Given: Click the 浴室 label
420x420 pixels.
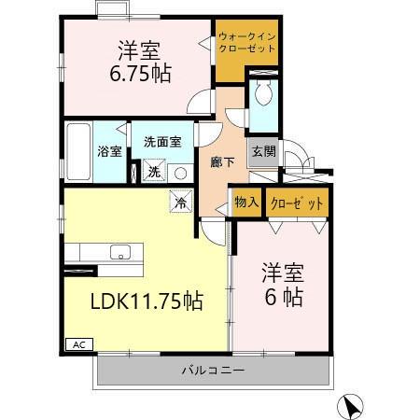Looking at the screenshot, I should point(109,151).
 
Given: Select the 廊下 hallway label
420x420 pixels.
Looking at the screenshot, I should point(222,161).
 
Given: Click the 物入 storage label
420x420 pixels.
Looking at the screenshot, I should point(246,203).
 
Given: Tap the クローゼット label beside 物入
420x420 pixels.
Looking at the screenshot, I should point(297,203).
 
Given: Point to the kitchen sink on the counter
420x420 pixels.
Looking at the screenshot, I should point(119,252).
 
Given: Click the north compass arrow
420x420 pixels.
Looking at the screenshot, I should point(350,405).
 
